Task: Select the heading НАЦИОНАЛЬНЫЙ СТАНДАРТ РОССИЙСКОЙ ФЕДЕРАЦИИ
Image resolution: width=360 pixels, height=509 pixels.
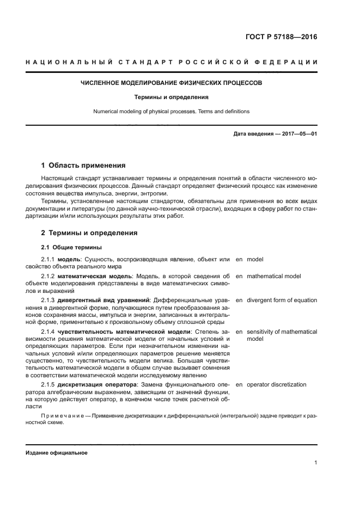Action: click(x=172, y=62)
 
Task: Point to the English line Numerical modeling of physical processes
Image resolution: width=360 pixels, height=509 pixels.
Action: click(x=172, y=112)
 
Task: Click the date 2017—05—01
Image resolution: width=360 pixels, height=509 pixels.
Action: click(x=298, y=133)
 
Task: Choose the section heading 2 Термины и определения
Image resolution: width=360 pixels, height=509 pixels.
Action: click(x=89, y=232)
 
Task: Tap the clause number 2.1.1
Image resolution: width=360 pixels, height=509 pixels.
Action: click(x=48, y=260)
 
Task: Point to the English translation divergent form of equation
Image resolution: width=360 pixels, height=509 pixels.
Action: click(x=282, y=301)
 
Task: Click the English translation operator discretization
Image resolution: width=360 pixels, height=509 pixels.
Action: click(x=276, y=385)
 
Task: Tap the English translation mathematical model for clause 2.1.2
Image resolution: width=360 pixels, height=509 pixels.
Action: click(x=273, y=277)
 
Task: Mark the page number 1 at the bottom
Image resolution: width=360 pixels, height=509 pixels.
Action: click(x=315, y=463)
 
